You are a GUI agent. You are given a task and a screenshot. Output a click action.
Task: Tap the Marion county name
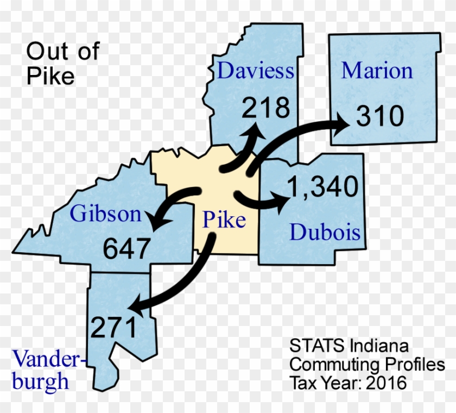coord(377,70)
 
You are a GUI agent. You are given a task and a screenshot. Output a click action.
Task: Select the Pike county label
coord(224,220)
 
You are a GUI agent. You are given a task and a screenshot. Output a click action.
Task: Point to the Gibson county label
coord(105,214)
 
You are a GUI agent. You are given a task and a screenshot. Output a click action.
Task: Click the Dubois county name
coord(325,233)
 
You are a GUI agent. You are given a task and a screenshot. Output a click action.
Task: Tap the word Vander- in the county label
coord(49,359)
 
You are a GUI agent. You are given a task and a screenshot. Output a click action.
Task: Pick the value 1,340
coord(322,187)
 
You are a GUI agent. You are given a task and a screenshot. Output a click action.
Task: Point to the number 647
coord(126,249)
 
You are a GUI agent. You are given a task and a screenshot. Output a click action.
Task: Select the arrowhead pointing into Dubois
coord(281,201)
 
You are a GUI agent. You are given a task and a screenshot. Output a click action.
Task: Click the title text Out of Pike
coord(62,64)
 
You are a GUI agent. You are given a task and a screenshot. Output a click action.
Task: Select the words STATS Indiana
coord(349,346)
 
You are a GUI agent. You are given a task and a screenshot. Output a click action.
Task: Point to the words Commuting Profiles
coord(366,364)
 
